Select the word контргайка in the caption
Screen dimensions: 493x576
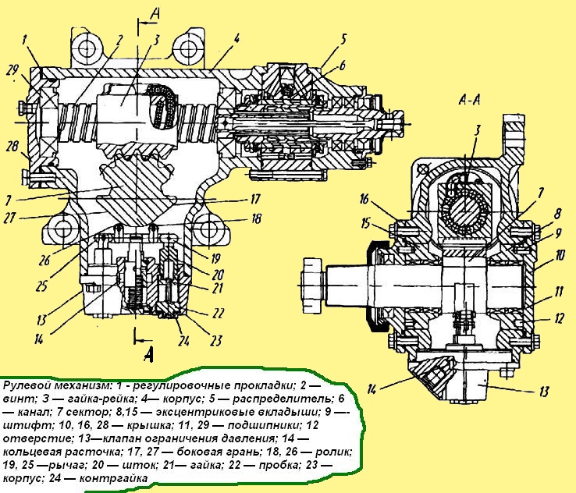[x=112, y=477]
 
